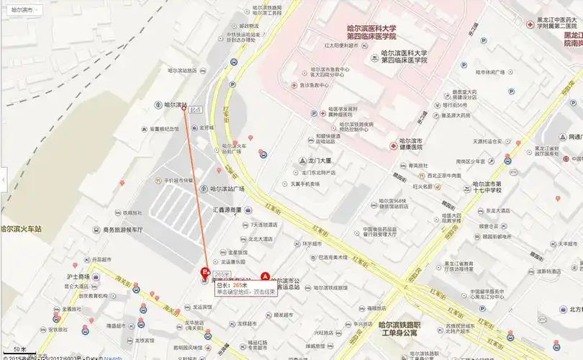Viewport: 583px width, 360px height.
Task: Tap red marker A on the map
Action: pos(264,276)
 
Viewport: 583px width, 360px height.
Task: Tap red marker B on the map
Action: pos(204,273)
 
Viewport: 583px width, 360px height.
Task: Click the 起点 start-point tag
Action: pos(194,109)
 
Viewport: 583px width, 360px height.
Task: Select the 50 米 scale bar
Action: pos(20,349)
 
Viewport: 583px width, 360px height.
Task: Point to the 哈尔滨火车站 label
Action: pos(22,229)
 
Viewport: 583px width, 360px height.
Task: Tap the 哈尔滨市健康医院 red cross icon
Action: pos(393,145)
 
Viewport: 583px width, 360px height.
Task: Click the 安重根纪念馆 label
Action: pos(164,130)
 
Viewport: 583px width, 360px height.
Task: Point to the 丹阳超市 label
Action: pos(101,260)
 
